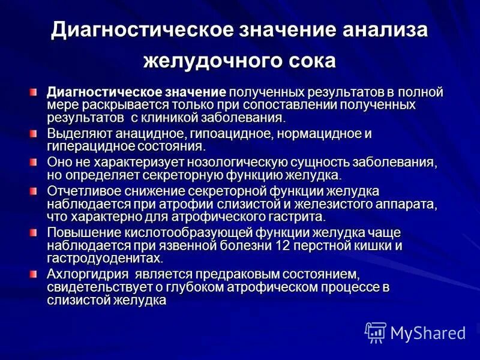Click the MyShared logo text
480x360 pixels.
tap(428, 333)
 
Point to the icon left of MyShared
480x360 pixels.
tap(376, 332)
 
